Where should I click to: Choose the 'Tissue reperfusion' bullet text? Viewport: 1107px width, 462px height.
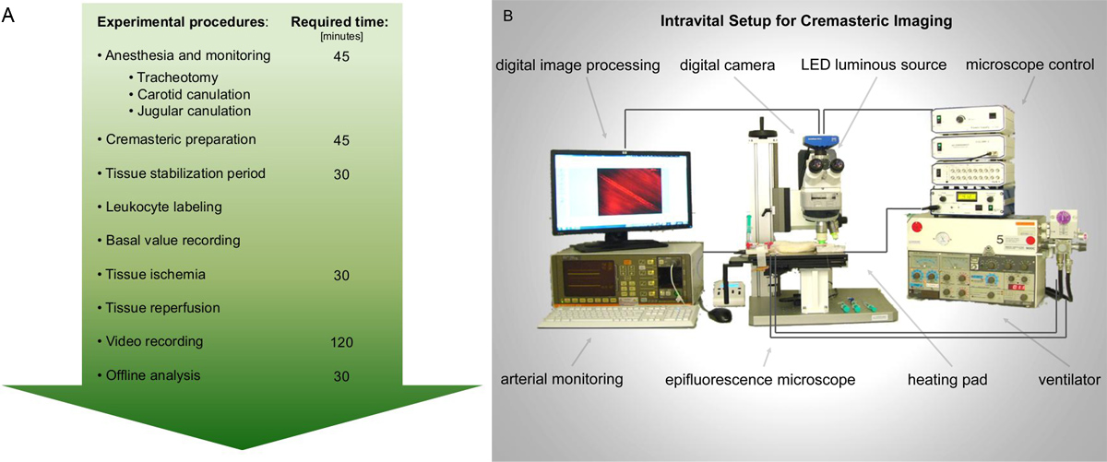pyautogui.click(x=158, y=307)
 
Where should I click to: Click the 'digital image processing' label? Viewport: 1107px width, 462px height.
pyautogui.click(x=577, y=65)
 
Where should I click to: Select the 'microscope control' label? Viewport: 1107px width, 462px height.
pyautogui.click(x=1030, y=65)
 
